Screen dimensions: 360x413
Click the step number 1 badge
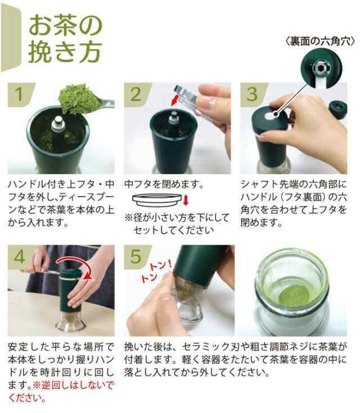[x=20, y=94]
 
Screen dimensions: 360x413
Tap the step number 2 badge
[x=136, y=94]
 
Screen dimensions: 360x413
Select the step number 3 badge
[x=253, y=94]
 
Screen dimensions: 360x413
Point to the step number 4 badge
[x=20, y=257]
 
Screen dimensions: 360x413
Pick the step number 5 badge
[x=136, y=257]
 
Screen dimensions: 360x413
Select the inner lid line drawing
[x=157, y=201]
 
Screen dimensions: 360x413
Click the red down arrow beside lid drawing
[x=186, y=200]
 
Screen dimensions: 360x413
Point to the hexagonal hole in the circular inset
[x=321, y=68]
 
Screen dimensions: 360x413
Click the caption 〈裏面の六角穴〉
[x=320, y=42]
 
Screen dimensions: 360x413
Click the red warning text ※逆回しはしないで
[x=73, y=385]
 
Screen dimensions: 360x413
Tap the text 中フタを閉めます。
[x=164, y=184]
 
